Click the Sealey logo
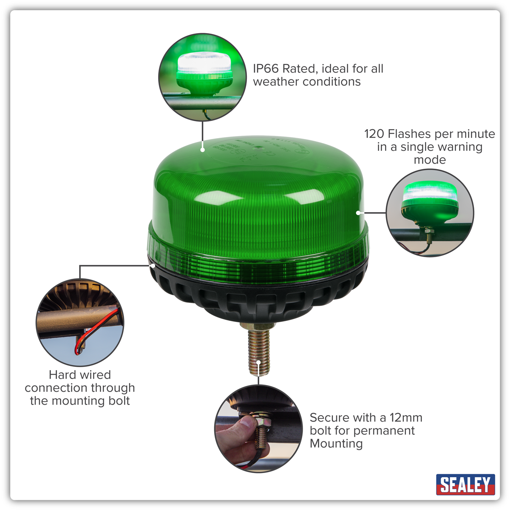465,484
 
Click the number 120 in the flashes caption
374,134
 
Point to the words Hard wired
80,375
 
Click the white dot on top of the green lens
203,150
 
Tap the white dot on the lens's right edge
359,212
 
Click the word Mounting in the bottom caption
336,444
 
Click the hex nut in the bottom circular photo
260,423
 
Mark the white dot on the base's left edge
152,265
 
